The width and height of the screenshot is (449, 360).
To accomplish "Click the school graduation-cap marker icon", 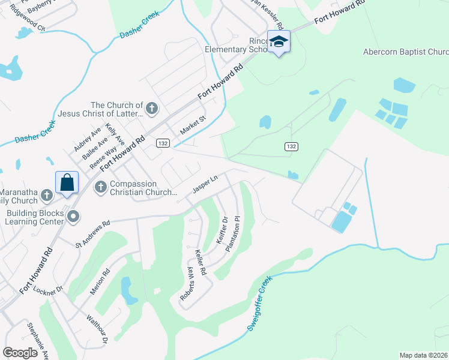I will point(279,41).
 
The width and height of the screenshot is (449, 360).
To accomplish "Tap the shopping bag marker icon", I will point(67,182).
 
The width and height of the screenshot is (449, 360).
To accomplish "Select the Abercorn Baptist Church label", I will point(406,52).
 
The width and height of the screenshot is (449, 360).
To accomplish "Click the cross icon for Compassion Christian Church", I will point(100,188).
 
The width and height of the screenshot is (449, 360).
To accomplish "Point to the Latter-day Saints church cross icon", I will point(152,109).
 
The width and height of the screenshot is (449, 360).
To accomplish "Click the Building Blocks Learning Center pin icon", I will point(73,216).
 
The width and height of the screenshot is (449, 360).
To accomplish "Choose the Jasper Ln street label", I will point(204,184).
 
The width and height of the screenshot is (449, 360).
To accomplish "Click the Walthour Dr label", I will point(96,329).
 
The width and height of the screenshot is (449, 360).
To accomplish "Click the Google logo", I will point(20,353).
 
